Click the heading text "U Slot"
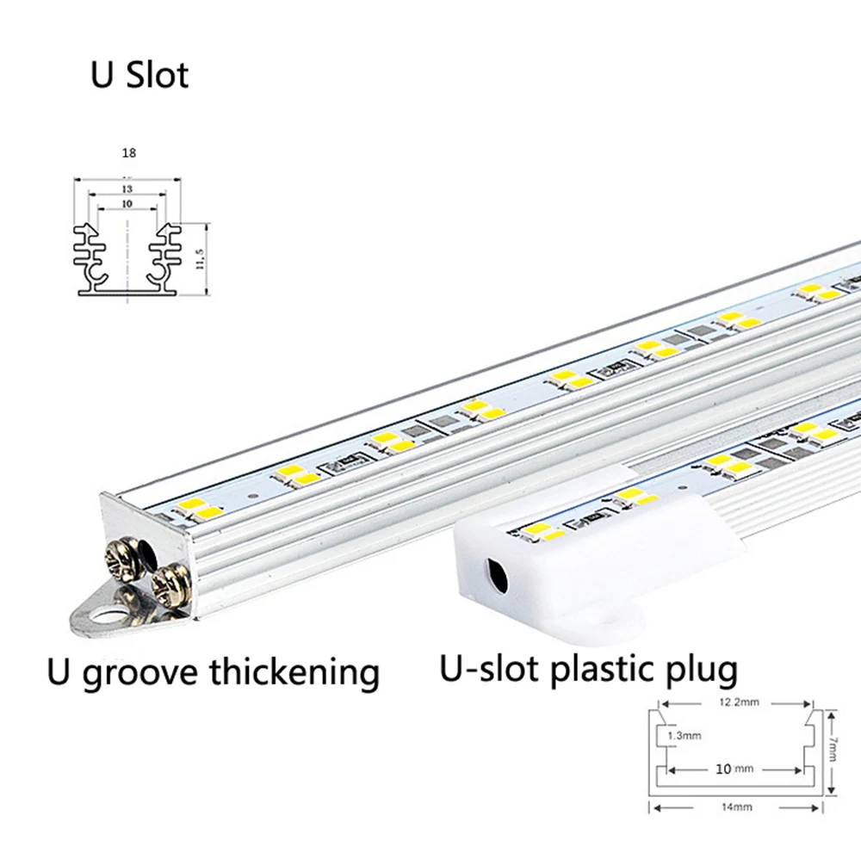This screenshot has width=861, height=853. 139,75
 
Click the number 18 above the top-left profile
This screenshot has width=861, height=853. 128,152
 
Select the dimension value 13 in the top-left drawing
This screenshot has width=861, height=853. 127,189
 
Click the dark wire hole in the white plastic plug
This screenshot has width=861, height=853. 496,572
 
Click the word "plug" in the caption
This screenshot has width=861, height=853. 705,671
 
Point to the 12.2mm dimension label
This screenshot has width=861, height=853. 737,702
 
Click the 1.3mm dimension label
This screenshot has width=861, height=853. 685,735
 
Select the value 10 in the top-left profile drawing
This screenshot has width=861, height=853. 127,204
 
